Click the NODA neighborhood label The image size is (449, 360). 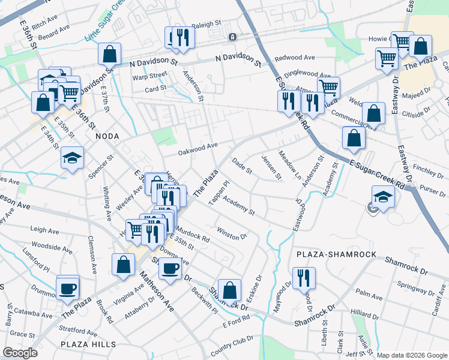tap(107, 136)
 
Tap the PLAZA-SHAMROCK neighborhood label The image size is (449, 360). tap(336, 254)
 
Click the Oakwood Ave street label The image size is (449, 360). tap(197, 148)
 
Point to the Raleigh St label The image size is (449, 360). tap(207, 25)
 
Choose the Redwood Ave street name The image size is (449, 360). tap(295, 58)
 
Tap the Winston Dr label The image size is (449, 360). tap(232, 233)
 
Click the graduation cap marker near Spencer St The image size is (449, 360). tap(73, 158)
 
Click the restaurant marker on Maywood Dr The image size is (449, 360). tap(304, 278)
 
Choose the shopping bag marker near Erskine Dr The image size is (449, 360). tap(229, 290)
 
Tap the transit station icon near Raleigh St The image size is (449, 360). tap(232, 37)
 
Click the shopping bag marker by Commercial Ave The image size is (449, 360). tap(373, 112)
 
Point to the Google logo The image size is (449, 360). tap(20, 353)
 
